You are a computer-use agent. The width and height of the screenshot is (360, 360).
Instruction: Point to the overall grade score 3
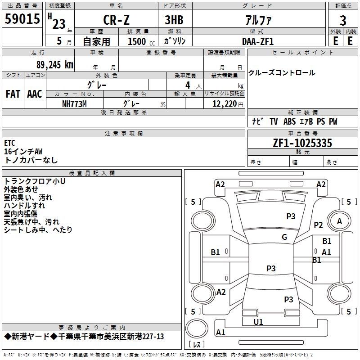coord(343,21)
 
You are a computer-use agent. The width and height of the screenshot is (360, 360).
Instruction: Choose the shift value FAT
coord(13,94)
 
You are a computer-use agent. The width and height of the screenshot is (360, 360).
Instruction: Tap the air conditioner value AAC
coord(35,94)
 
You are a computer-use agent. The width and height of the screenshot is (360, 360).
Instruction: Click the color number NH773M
coord(74,104)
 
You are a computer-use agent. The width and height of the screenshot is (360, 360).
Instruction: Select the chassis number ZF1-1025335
coord(302,143)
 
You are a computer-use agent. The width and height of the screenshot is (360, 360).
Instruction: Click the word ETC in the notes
coord(10,143)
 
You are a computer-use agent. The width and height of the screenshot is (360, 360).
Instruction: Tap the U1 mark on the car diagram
coord(258,322)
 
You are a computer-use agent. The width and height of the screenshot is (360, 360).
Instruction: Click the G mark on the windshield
coord(284,237)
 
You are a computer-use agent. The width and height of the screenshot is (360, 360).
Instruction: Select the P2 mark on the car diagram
coord(319,225)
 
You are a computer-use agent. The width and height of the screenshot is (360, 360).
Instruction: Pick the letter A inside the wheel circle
coord(339,221)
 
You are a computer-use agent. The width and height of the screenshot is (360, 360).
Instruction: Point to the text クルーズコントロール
coord(282,73)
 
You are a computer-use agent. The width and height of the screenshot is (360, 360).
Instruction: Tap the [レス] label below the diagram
coord(197,345)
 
